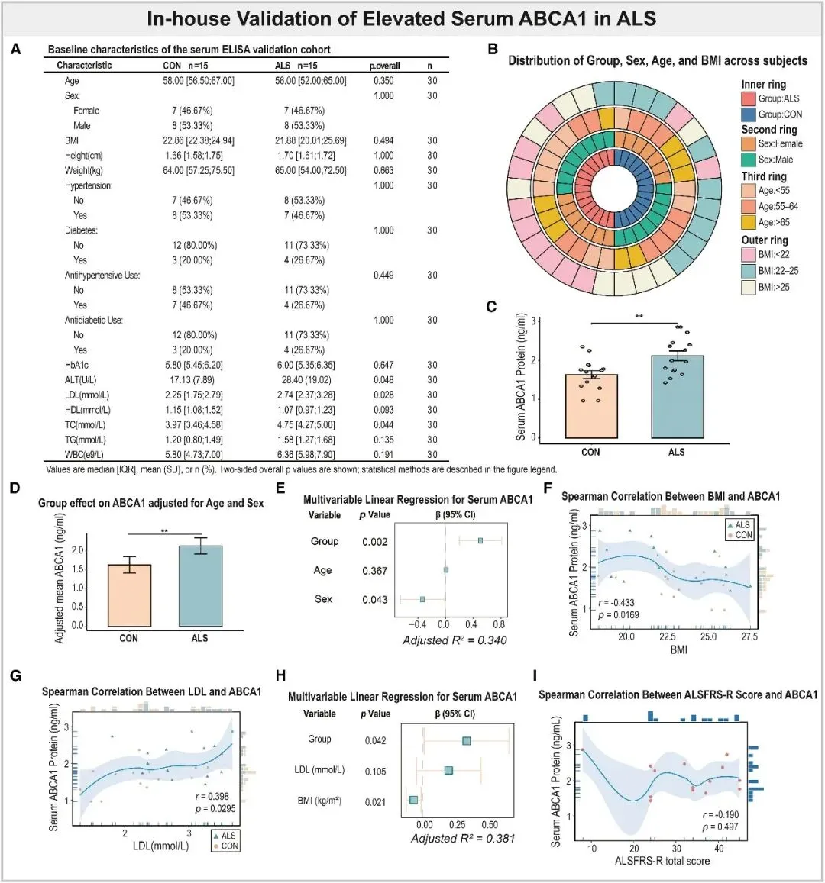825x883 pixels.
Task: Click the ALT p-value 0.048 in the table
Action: coord(383,380)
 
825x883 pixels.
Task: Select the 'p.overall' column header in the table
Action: coord(384,66)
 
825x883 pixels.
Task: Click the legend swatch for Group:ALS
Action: coord(748,98)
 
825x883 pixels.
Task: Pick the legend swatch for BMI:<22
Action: coord(748,255)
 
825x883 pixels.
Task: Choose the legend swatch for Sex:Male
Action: coord(748,160)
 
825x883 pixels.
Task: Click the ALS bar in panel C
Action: coord(677,397)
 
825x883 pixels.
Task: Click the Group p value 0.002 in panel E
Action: coord(374,542)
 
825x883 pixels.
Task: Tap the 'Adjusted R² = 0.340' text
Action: coord(455,640)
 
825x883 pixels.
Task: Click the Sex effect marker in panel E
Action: coord(422,600)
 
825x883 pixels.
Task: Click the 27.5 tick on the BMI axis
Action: coord(749,636)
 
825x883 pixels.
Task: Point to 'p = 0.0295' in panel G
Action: coord(218,808)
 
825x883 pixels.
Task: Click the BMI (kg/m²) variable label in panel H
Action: coord(319,801)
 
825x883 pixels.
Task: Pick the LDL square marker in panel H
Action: coord(449,771)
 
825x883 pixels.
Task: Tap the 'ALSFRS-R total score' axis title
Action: coord(662,861)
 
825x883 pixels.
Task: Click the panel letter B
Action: coord(493,50)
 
